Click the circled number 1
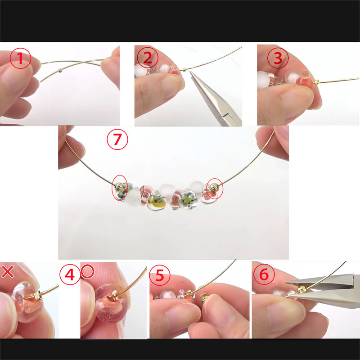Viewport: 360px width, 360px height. click(20, 58)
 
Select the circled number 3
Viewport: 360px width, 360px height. click(278, 58)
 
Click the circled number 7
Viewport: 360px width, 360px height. click(117, 140)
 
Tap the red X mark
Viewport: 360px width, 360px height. click(7, 271)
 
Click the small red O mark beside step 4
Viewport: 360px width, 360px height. click(87, 271)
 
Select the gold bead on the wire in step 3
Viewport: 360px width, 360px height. click(316, 81)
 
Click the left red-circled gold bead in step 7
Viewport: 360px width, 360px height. click(119, 185)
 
